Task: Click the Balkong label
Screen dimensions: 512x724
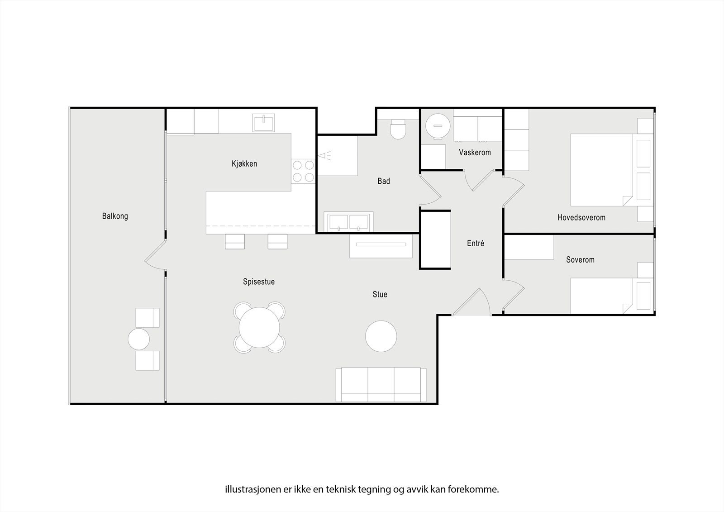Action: [x=115, y=216]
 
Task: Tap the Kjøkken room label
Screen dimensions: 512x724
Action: [x=244, y=164]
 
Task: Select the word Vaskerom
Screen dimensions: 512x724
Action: [x=475, y=153]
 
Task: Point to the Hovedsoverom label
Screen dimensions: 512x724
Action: [x=581, y=218]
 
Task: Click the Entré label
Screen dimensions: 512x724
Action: [x=475, y=244]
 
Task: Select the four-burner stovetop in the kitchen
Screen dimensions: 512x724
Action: [x=303, y=172]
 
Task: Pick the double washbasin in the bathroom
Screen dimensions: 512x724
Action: [x=348, y=222]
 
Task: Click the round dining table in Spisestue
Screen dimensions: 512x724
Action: [x=260, y=327]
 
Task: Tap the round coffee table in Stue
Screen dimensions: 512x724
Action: [x=381, y=336]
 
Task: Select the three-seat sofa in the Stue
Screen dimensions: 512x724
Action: [x=381, y=385]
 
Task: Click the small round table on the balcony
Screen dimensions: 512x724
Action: [x=138, y=339]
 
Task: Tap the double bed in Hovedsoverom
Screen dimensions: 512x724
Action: [x=602, y=170]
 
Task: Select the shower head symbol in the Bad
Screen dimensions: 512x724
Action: [x=324, y=156]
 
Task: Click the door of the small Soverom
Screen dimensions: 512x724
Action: [x=514, y=294]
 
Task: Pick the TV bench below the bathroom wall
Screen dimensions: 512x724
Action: [x=381, y=246]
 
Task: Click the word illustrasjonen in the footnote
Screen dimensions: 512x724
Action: [x=252, y=489]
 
